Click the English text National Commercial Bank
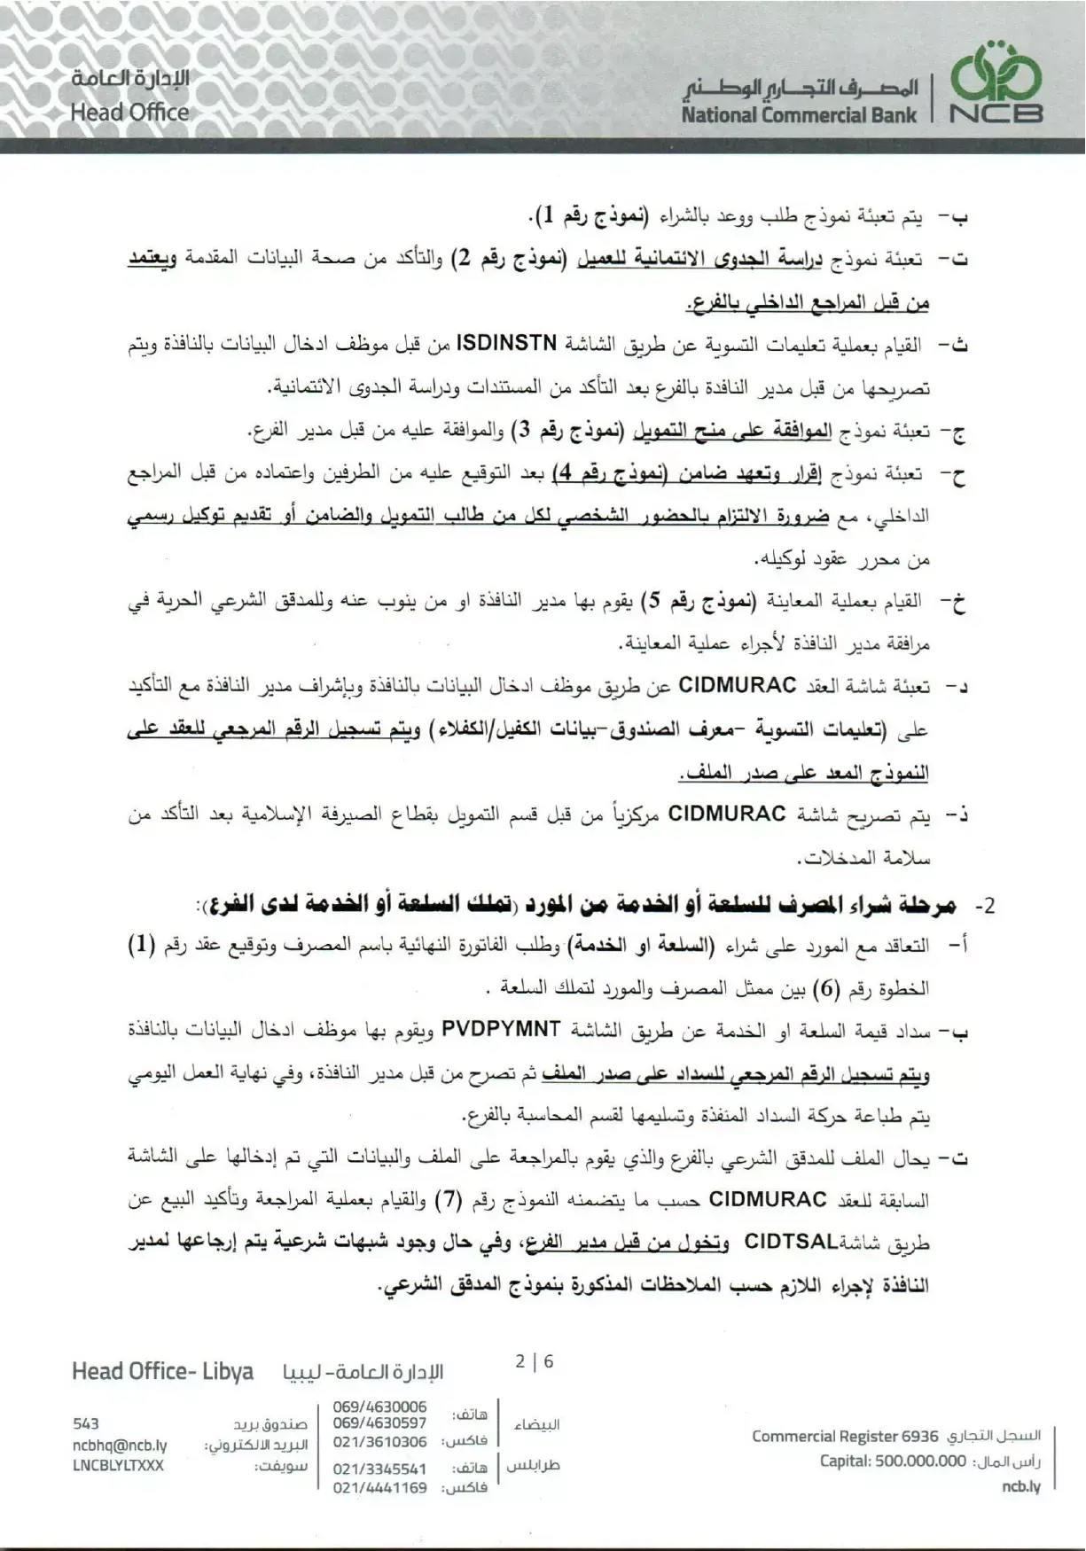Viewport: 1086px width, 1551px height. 799,114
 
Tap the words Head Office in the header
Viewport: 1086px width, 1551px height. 129,113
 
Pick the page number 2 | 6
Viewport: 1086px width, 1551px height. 535,1361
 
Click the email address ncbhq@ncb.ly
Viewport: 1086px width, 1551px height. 120,1445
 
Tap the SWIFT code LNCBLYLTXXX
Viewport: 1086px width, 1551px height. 118,1465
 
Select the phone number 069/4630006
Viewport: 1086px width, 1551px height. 379,1407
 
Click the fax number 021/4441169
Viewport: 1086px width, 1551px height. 379,1487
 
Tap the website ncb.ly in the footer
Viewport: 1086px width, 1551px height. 1020,1486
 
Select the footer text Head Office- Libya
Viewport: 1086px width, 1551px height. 162,1371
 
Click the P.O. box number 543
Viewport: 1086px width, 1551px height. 86,1424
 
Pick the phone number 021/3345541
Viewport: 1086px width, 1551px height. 379,1469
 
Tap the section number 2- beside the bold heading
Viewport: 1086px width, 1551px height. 985,906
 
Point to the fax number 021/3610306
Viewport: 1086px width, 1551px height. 379,1442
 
